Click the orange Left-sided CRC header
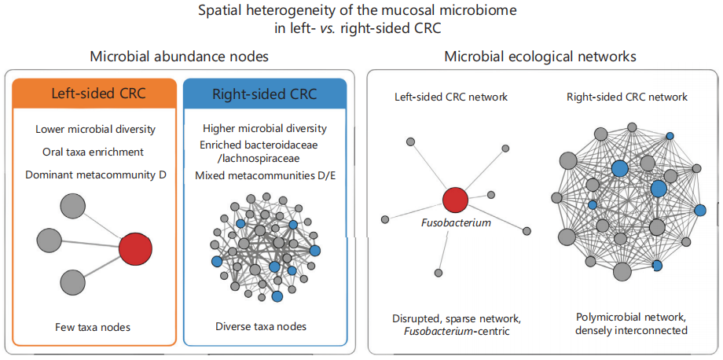pos(94,94)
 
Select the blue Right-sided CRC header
pos(265,94)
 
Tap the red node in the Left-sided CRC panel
pos(135,249)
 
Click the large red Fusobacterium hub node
pos(455,200)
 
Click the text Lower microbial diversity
pos(95,129)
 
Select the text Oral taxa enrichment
pos(95,151)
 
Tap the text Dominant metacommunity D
pos(95,174)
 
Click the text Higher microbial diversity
pos(265,127)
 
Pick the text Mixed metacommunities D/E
pos(265,175)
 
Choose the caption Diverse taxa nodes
pos(261,327)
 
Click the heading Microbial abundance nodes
pos(179,57)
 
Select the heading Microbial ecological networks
pos(541,57)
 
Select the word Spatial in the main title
pos(217,10)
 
